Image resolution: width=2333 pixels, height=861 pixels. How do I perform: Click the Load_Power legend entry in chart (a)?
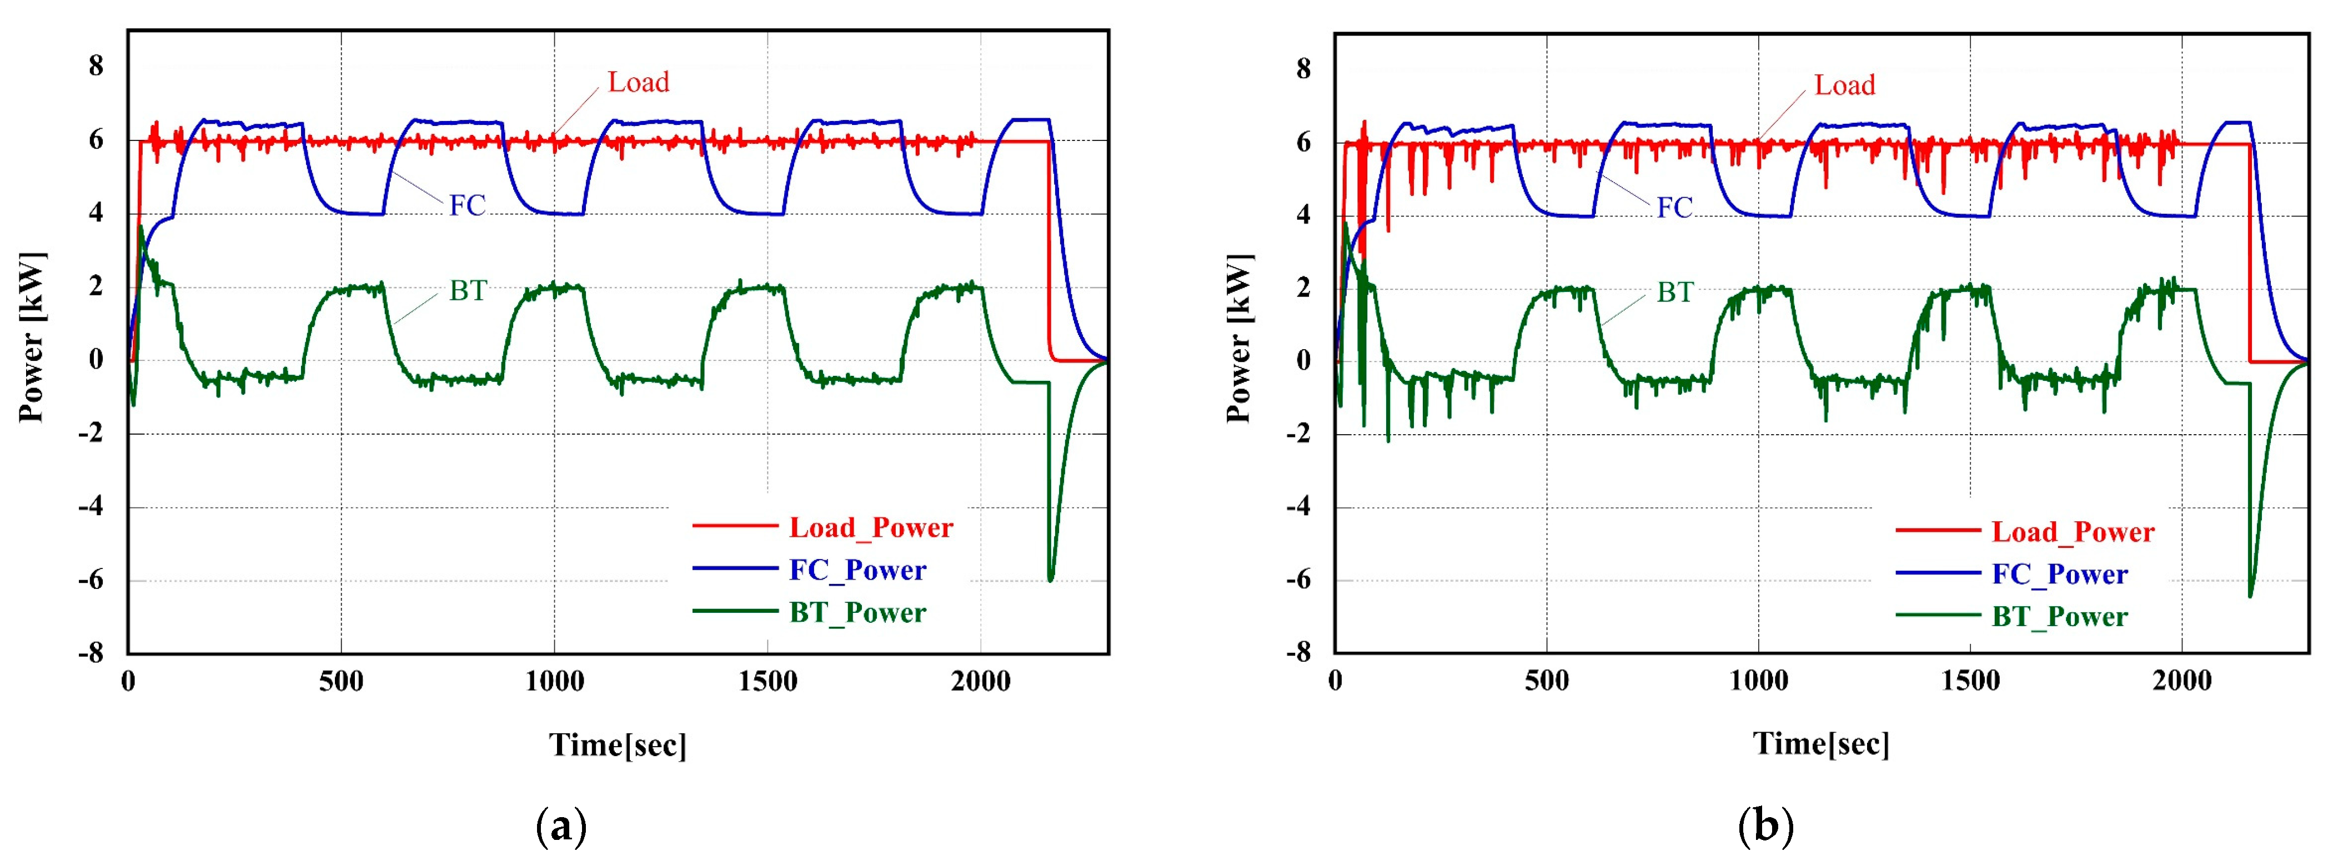pyautogui.click(x=870, y=528)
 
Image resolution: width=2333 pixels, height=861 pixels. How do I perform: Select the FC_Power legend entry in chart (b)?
pyautogui.click(x=2059, y=574)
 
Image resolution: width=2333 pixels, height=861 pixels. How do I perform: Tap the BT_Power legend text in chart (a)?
pyautogui.click(x=857, y=613)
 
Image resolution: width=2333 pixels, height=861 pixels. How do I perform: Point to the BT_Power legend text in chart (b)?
pyautogui.click(x=2059, y=617)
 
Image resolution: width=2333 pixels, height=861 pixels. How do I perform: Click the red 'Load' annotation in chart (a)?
pyautogui.click(x=638, y=82)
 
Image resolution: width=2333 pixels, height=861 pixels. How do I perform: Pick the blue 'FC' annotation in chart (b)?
pyautogui.click(x=1674, y=207)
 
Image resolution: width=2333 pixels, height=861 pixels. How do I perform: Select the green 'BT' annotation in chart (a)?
pyautogui.click(x=468, y=291)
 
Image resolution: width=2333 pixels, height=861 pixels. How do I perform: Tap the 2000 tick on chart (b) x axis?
pyautogui.click(x=2181, y=680)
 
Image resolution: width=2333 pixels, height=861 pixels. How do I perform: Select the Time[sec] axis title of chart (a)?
pyautogui.click(x=618, y=745)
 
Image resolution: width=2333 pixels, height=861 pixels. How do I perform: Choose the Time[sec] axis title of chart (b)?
pyautogui.click(x=1820, y=743)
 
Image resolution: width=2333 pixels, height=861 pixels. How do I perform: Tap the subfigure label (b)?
pyautogui.click(x=1765, y=825)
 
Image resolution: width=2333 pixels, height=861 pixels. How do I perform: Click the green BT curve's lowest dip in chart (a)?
pyautogui.click(x=1050, y=580)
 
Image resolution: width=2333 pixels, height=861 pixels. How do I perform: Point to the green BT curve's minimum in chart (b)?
pyautogui.click(x=2250, y=596)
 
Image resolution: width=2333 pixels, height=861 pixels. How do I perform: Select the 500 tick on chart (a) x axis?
pyautogui.click(x=340, y=681)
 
